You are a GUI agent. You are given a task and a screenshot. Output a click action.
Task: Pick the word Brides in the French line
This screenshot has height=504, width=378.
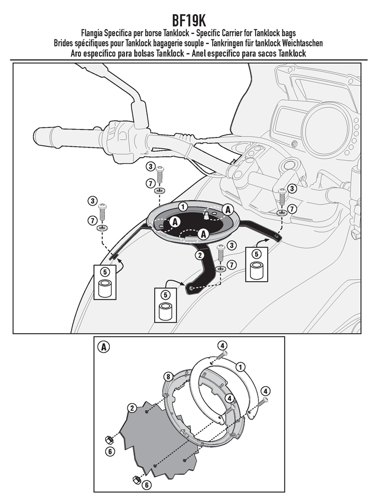(65, 43)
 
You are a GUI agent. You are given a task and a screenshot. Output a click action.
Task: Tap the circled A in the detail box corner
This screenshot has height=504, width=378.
(103, 347)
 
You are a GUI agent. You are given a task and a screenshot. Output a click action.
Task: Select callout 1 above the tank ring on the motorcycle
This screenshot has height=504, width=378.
(182, 206)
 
